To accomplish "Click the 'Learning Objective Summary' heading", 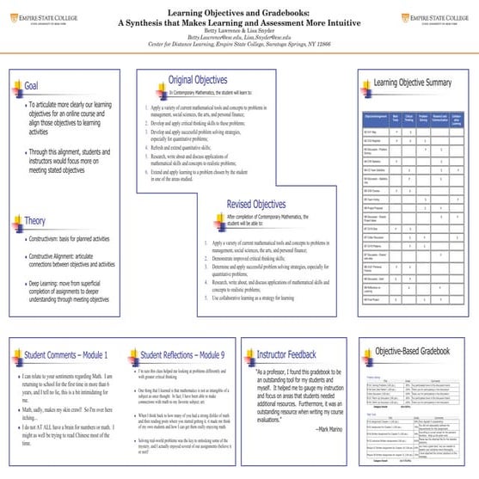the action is point(413,83).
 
